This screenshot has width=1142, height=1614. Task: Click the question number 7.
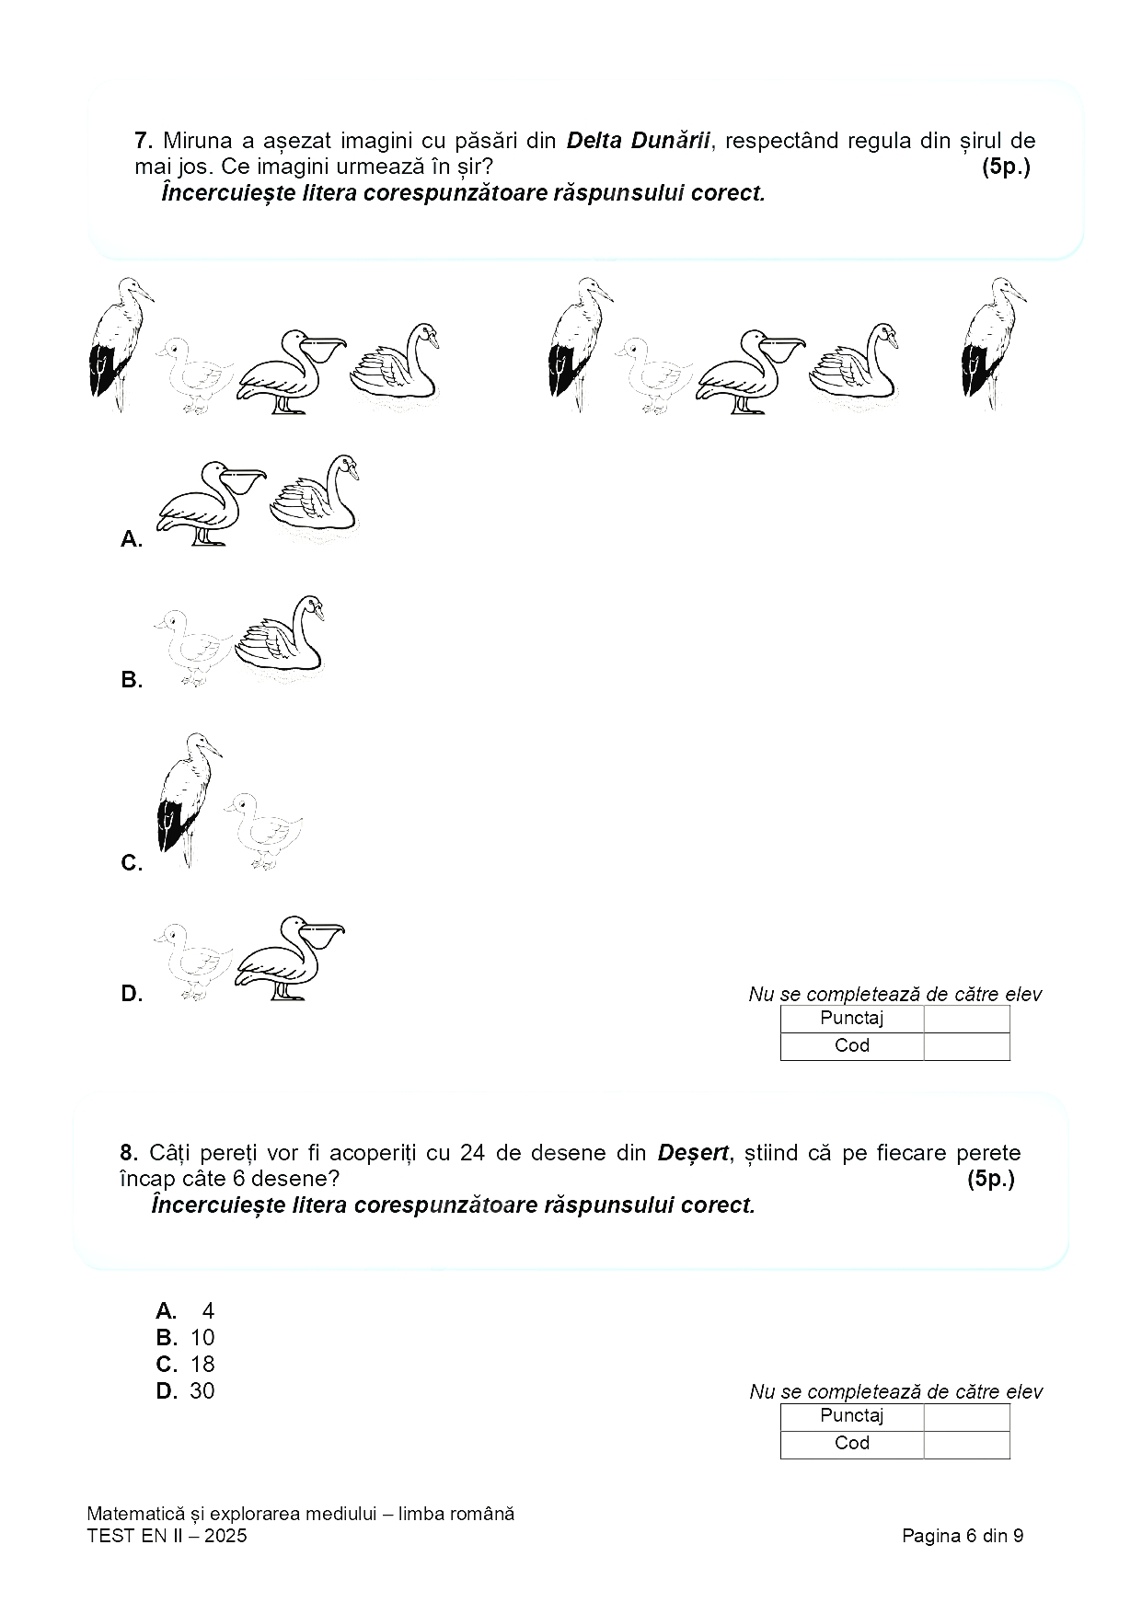tap(143, 141)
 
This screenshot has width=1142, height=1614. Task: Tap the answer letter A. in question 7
tap(132, 539)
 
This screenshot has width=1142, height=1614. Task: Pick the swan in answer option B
tap(281, 636)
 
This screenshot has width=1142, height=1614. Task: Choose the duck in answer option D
tap(190, 961)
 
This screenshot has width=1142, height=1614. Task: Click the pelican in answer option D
tap(289, 958)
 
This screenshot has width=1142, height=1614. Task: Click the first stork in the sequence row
tap(120, 342)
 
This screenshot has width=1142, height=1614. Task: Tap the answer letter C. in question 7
tap(132, 863)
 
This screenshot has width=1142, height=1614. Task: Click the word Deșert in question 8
tap(693, 1153)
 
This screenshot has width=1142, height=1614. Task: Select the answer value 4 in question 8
tap(208, 1310)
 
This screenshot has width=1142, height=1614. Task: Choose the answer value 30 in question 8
tap(202, 1390)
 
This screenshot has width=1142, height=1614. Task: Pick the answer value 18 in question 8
tap(202, 1364)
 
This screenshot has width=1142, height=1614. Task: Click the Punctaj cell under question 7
tap(851, 1019)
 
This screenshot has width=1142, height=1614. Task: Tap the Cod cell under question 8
tap(851, 1443)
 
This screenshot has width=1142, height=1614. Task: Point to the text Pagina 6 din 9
tap(963, 1535)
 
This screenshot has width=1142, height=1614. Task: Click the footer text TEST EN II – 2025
tap(167, 1535)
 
